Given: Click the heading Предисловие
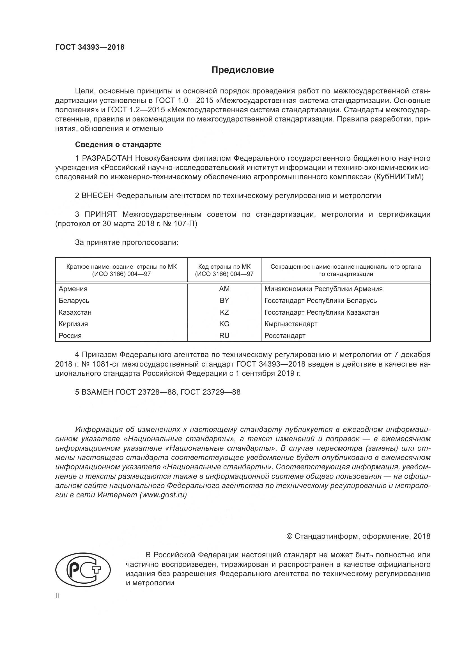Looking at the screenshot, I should pyautogui.click(x=243, y=70).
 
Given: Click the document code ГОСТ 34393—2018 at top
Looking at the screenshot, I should pyautogui.click(x=90, y=47).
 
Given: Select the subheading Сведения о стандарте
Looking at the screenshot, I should pyautogui.click(x=118, y=144).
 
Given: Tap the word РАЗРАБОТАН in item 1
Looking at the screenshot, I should pyautogui.click(x=107, y=158).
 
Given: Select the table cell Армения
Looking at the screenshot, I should pyautogui.click(x=73, y=289).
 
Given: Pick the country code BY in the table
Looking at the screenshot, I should pyautogui.click(x=224, y=301).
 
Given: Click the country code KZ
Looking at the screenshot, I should pyautogui.click(x=224, y=312).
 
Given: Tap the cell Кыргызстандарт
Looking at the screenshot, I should pyautogui.click(x=291, y=324).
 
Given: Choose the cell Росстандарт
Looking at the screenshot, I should pyautogui.click(x=285, y=336).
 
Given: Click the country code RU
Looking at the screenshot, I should pyautogui.click(x=224, y=336).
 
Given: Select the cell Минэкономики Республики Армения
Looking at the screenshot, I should pyautogui.click(x=323, y=289).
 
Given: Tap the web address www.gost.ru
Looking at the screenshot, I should pyautogui.click(x=163, y=495).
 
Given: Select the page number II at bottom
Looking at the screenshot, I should pyautogui.click(x=57, y=596).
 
